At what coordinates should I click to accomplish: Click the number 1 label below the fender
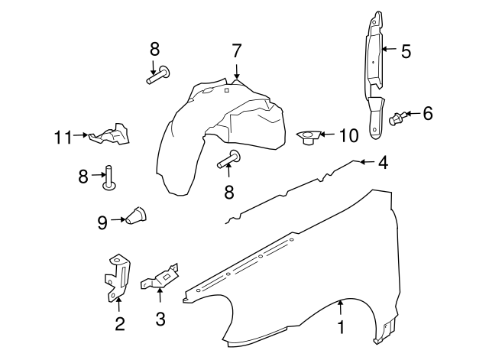click(x=341, y=327)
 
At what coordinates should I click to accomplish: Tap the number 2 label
click(x=119, y=324)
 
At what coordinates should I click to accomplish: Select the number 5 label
click(x=406, y=52)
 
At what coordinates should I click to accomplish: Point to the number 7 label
click(x=237, y=52)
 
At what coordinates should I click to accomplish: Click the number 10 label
click(x=348, y=136)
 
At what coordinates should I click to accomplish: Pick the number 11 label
click(x=63, y=138)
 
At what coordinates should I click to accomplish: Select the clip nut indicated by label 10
click(x=307, y=138)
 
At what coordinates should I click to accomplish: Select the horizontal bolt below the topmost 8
click(x=159, y=76)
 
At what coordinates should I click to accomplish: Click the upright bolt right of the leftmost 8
click(x=109, y=177)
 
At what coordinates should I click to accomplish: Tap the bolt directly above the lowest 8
click(x=228, y=160)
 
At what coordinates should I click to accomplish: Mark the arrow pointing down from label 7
click(x=237, y=72)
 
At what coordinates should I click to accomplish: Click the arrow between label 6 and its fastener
click(x=409, y=115)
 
